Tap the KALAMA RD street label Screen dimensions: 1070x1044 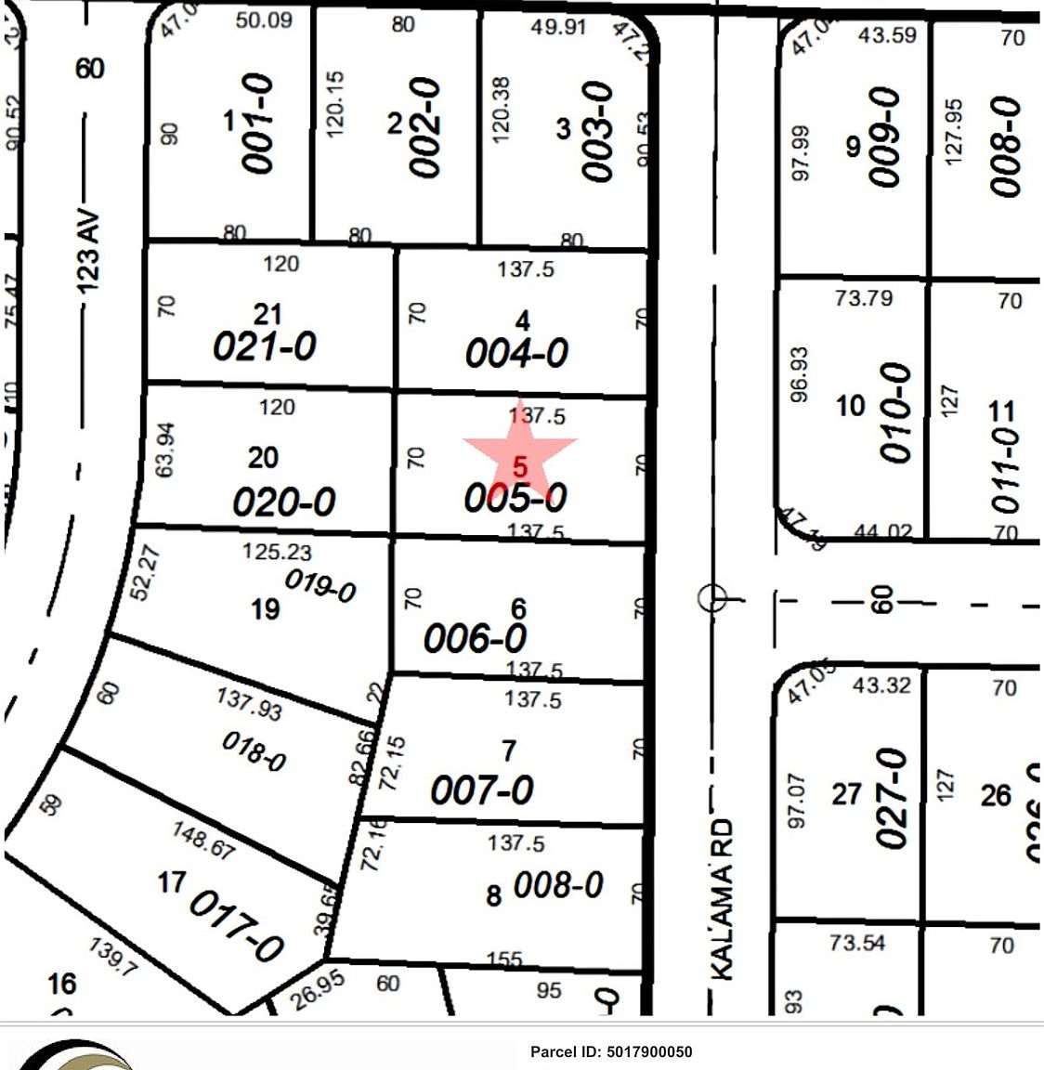723,898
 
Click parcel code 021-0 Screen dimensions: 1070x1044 265,346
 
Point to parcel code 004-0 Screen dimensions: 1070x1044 516,354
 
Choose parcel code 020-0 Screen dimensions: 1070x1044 283,502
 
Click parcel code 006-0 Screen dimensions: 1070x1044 475,638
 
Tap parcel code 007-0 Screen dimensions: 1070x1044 481,790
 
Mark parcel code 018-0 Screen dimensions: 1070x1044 254,750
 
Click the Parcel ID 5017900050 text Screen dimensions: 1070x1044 611,1051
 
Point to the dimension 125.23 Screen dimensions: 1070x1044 277,552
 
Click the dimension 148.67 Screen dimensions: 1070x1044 202,839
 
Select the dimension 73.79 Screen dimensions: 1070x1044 863,298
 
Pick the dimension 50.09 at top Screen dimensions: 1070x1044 264,20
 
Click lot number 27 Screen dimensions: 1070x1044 846,795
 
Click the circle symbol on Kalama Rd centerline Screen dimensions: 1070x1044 712,598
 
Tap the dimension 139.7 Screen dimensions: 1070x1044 113,956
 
